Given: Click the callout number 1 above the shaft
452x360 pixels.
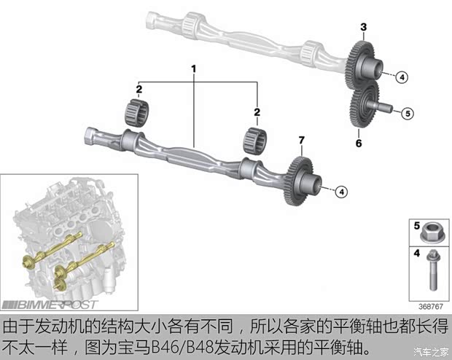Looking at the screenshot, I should [194, 69].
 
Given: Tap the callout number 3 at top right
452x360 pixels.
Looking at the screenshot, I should [363, 27].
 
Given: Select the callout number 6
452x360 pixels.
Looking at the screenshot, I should [358, 144].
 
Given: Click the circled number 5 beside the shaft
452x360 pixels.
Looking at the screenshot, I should [408, 113].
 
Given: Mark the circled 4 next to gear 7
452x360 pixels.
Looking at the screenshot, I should [342, 192].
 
